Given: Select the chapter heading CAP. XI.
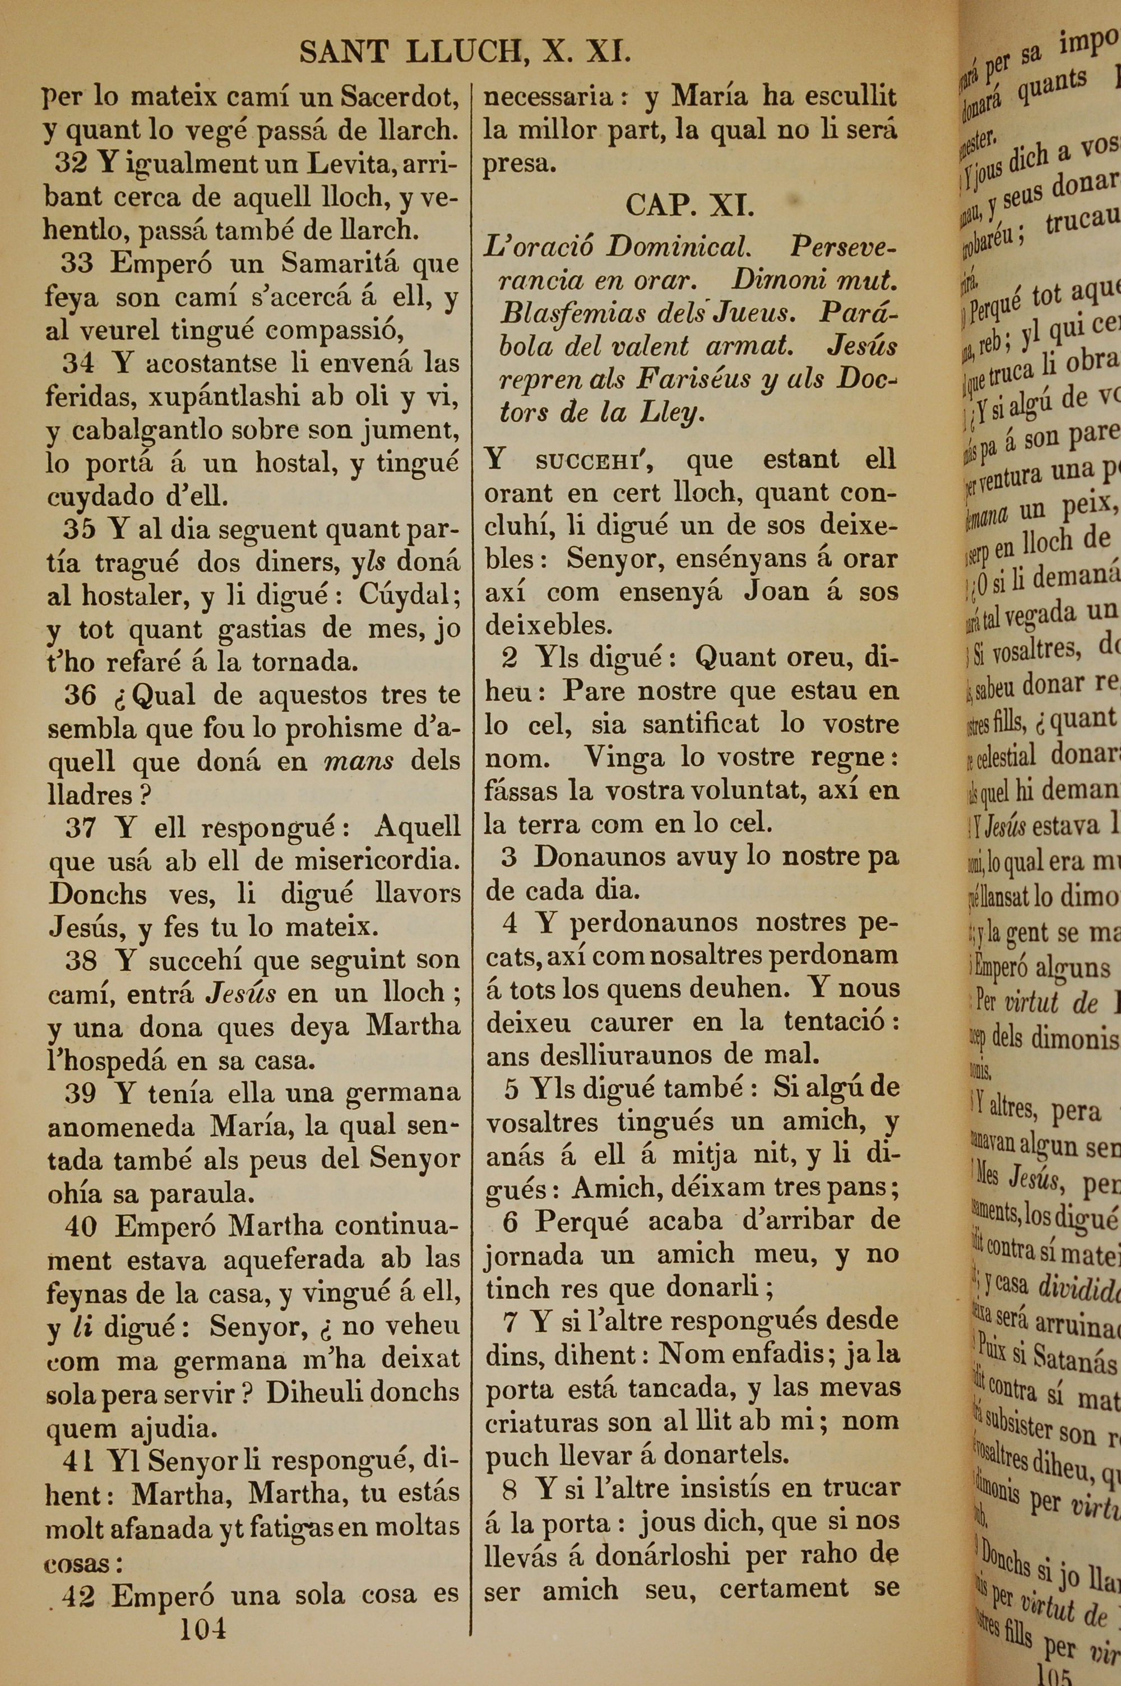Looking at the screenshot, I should point(690,206).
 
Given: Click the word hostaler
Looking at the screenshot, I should point(135,595).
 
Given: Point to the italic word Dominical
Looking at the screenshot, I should point(678,247).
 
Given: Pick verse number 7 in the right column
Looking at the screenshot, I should point(509,1322).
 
